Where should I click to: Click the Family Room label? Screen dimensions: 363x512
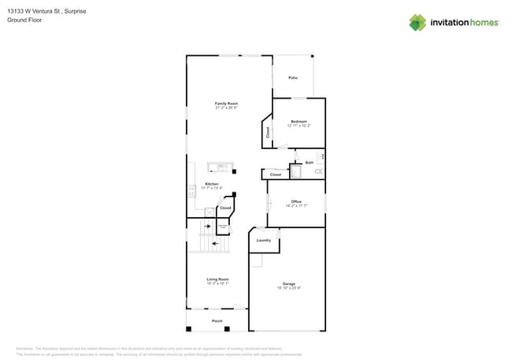click(x=227, y=103)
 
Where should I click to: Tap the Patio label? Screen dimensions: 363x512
click(x=293, y=78)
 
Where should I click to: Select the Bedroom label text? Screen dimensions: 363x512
click(x=299, y=122)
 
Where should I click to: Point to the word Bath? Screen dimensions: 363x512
click(x=310, y=162)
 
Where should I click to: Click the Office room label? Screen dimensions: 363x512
click(x=296, y=202)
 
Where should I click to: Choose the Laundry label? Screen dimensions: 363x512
click(x=263, y=240)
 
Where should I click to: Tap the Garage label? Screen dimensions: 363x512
click(x=289, y=283)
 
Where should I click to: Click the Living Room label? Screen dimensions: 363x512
click(x=217, y=279)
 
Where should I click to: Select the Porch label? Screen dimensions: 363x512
click(x=217, y=321)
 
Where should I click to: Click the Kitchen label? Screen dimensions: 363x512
click(x=212, y=184)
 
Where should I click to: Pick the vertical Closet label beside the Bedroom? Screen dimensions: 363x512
click(x=267, y=133)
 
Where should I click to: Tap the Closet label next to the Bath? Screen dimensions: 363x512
click(x=276, y=174)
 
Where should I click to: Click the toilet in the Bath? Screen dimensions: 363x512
click(x=318, y=171)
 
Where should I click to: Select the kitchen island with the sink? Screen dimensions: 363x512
click(x=221, y=167)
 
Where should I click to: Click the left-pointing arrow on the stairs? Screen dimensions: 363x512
click(x=213, y=243)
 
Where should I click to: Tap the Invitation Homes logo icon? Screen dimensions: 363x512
click(x=417, y=22)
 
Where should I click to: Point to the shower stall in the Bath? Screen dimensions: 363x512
click(x=296, y=172)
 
